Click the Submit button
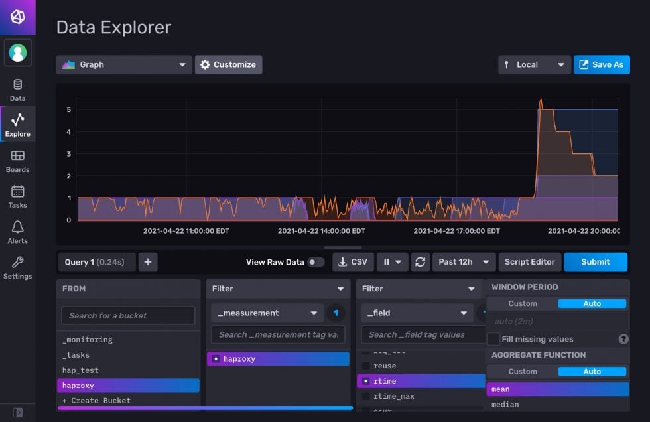point(595,262)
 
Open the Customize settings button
point(228,65)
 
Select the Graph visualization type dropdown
point(124,65)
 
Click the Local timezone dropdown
point(534,65)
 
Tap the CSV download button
point(353,262)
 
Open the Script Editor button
point(529,262)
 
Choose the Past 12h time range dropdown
point(464,262)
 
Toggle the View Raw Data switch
point(316,262)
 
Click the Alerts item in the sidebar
point(17,232)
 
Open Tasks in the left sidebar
point(17,196)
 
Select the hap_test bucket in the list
point(80,370)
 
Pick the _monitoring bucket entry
point(88,340)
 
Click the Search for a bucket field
point(128,315)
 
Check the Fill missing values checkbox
point(493,339)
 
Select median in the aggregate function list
point(505,405)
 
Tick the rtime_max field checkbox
point(366,396)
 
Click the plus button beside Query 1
point(148,262)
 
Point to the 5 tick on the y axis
point(69,109)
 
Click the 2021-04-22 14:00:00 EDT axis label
point(321,231)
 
